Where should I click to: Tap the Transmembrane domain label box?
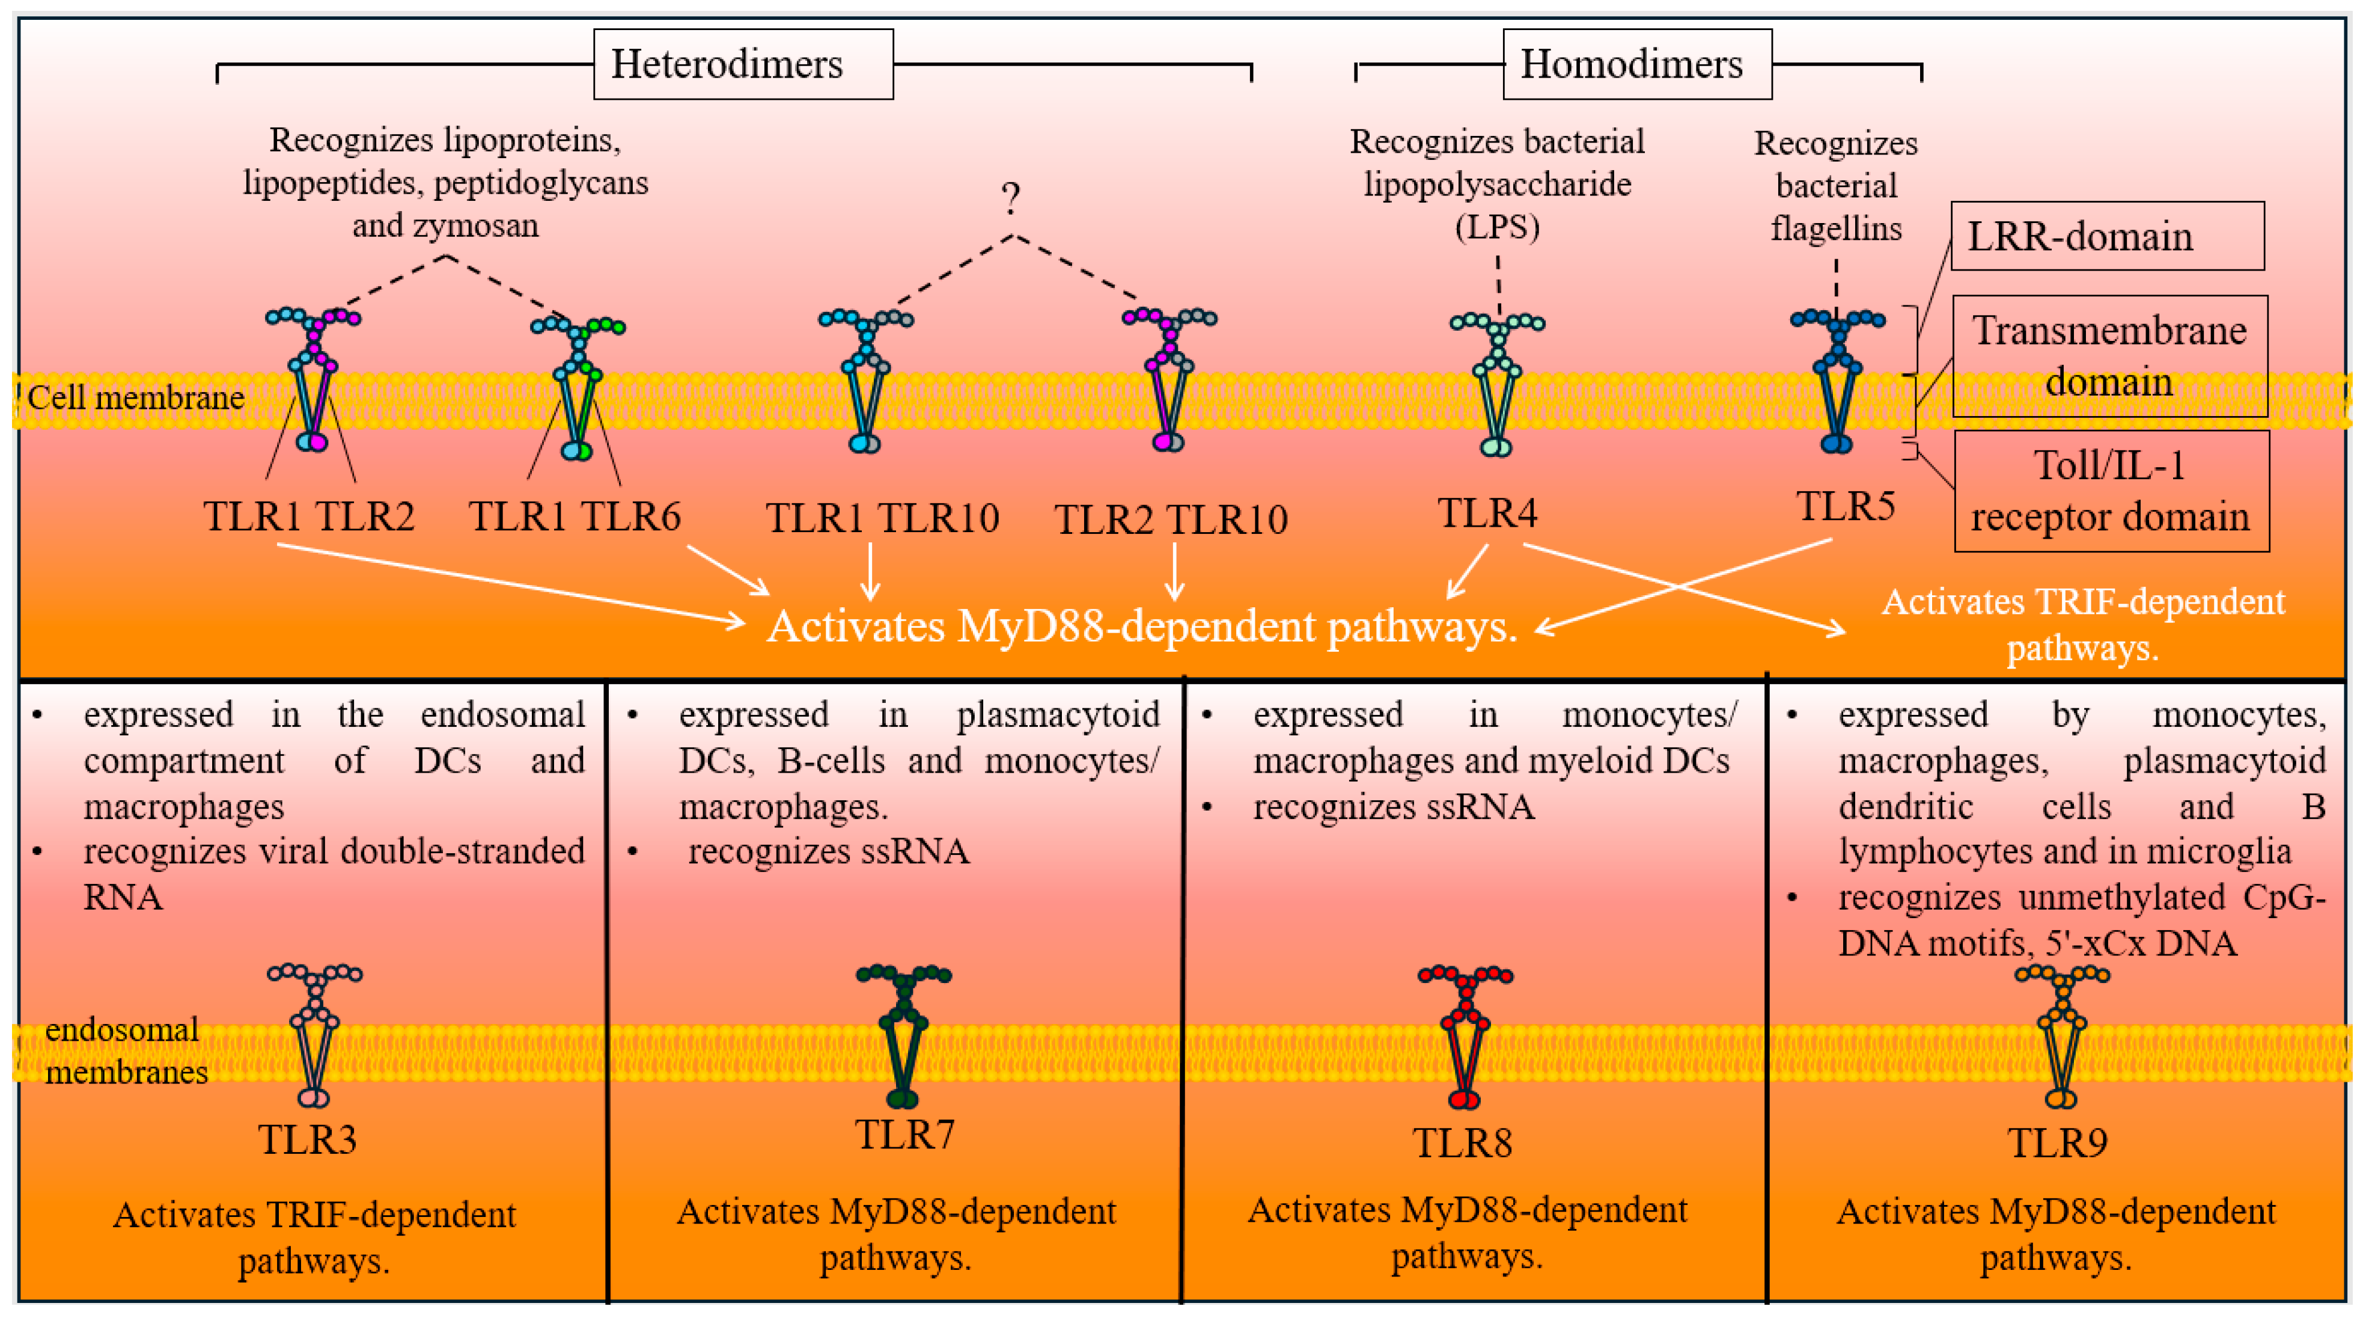click(x=2110, y=355)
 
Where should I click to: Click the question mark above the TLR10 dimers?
click(x=1011, y=197)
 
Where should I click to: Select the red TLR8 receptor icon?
click(x=1465, y=1036)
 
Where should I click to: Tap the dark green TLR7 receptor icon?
click(x=904, y=1035)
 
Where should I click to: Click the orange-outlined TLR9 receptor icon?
click(x=2062, y=1036)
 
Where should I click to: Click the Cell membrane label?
click(x=136, y=398)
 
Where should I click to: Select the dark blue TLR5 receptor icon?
click(x=1837, y=381)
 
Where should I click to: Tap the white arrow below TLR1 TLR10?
click(x=870, y=571)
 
